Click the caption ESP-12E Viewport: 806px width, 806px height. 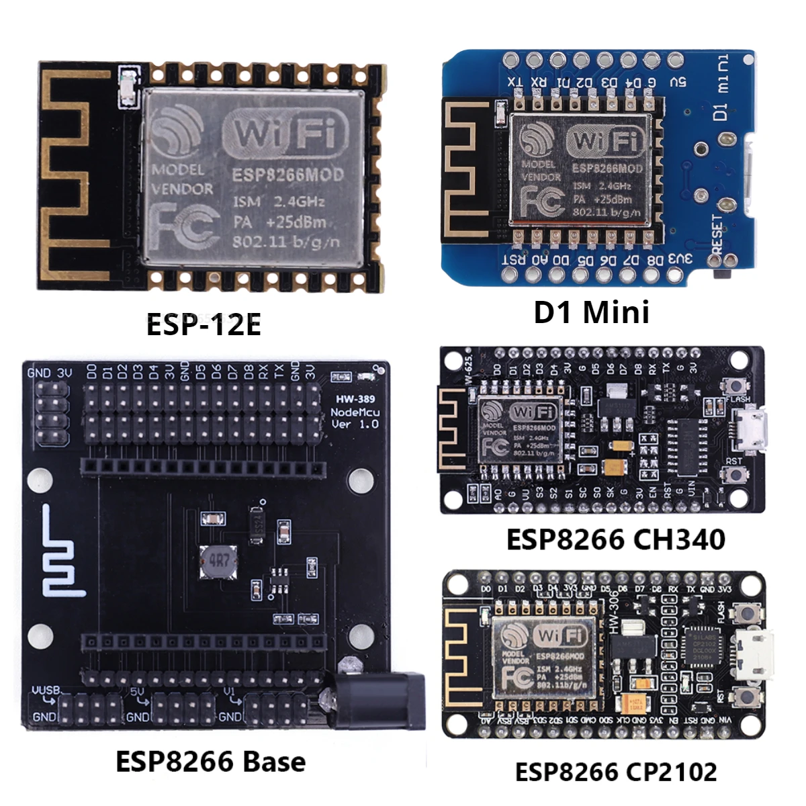[x=204, y=324]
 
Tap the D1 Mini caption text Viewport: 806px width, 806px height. [x=591, y=312]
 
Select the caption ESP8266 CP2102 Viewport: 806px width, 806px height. [x=615, y=772]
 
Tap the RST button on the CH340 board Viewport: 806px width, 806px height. [x=737, y=476]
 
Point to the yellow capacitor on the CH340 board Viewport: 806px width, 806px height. [x=615, y=468]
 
